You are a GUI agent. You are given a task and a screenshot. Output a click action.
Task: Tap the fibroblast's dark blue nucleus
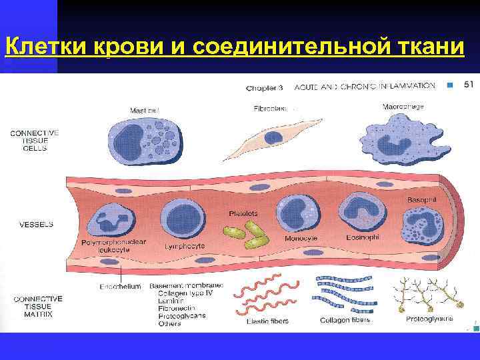(x=273, y=138)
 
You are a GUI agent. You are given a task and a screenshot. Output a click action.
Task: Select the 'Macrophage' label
(x=403, y=106)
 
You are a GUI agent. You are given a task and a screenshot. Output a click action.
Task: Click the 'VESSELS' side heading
(x=37, y=225)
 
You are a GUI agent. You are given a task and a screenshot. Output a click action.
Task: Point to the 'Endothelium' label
(x=121, y=287)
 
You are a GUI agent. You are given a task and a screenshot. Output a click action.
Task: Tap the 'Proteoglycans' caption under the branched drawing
(x=429, y=319)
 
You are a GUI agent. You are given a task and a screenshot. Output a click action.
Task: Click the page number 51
(x=469, y=85)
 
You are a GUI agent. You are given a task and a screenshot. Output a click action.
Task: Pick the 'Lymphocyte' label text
(x=185, y=245)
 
